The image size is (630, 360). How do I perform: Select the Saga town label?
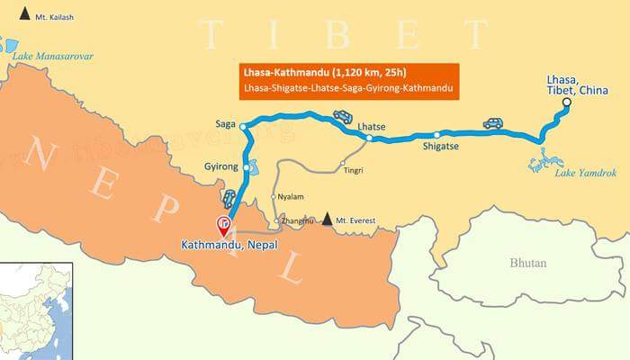(227, 123)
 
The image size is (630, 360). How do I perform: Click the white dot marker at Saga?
(243, 128)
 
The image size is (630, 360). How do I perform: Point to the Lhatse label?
(371, 127)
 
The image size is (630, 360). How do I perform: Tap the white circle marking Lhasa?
(567, 104)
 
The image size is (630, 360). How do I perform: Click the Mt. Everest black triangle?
(328, 219)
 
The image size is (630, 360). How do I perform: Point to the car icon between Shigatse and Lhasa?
(492, 122)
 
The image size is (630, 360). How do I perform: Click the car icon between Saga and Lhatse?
(343, 115)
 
